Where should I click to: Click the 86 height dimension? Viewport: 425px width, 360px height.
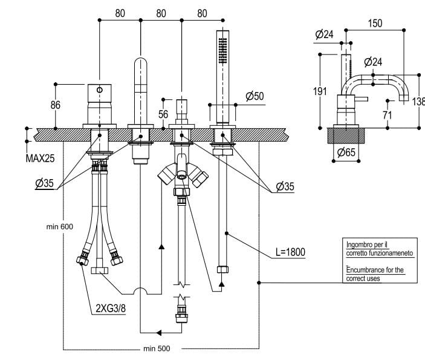(56, 105)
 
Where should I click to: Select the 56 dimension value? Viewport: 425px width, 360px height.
(163, 114)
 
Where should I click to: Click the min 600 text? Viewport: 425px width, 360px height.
(59, 226)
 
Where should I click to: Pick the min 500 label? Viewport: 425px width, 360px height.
(157, 349)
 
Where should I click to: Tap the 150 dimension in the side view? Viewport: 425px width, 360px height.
(375, 24)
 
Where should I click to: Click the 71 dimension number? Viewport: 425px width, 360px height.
(387, 113)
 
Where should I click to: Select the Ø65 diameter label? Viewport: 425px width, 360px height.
(346, 152)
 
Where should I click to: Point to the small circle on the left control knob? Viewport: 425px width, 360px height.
(99, 91)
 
